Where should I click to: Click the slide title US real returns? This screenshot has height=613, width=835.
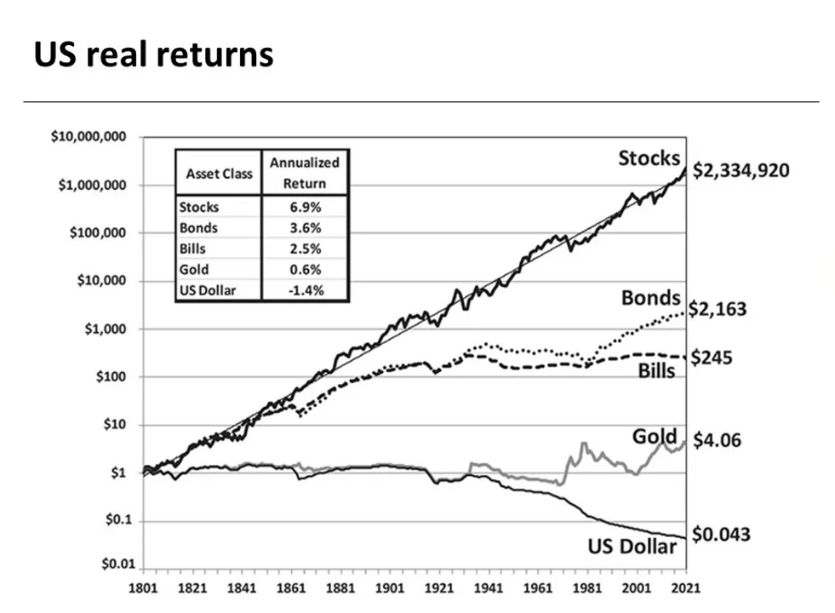pyautogui.click(x=153, y=54)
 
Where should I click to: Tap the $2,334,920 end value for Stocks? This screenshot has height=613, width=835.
pyautogui.click(x=741, y=171)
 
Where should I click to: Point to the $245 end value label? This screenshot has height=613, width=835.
pyautogui.click(x=711, y=358)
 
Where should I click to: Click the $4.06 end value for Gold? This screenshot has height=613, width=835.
pyautogui.click(x=715, y=441)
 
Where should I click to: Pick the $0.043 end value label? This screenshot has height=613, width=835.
pyautogui.click(x=720, y=535)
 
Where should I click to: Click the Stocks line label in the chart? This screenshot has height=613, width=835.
pyautogui.click(x=649, y=158)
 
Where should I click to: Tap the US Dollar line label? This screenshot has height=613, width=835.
pyautogui.click(x=632, y=546)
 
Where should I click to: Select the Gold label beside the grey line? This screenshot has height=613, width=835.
pyautogui.click(x=654, y=437)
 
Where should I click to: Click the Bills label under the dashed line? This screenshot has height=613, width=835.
pyautogui.click(x=655, y=370)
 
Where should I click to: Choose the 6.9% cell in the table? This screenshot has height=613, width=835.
pyautogui.click(x=304, y=207)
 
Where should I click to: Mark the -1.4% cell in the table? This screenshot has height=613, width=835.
pyautogui.click(x=304, y=290)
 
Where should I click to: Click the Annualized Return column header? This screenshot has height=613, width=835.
pyautogui.click(x=304, y=172)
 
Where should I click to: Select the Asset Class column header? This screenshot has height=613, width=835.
pyautogui.click(x=219, y=173)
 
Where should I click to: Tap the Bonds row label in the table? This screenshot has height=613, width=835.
pyautogui.click(x=198, y=227)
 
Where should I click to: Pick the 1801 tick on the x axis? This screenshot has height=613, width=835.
pyautogui.click(x=142, y=588)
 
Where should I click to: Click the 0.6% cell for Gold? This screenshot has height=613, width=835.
pyautogui.click(x=304, y=269)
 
